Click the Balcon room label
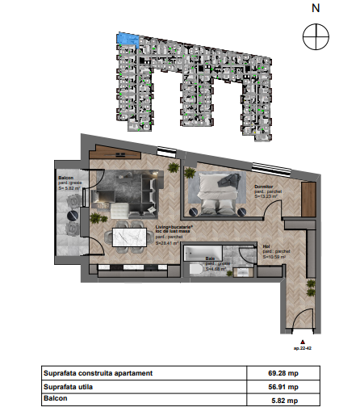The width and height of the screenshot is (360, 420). click(x=66, y=177)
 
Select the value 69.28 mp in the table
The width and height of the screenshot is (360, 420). click(x=282, y=373)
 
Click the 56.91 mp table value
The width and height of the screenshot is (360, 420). click(x=282, y=386)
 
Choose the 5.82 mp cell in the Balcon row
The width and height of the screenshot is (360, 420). click(x=282, y=399)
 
